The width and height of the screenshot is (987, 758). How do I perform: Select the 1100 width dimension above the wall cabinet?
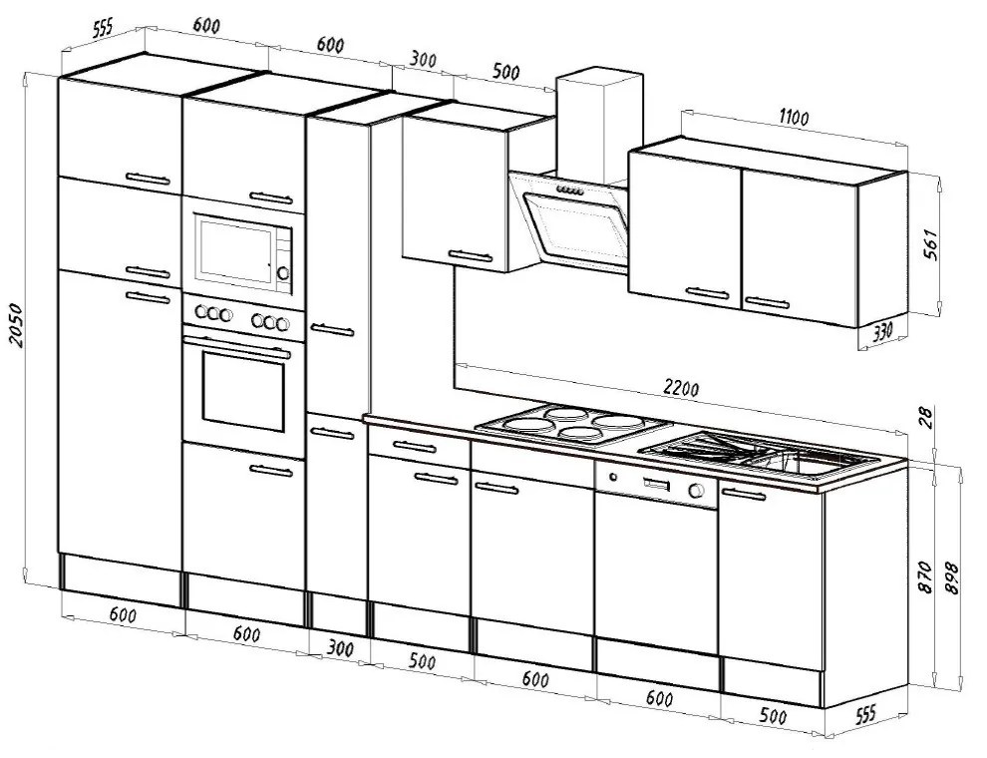(794, 118)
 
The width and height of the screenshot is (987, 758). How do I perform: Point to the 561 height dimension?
(930, 243)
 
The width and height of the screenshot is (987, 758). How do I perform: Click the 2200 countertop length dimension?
(681, 388)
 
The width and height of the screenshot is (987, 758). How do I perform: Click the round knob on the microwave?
(283, 271)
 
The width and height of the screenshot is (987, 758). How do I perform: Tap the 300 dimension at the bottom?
(340, 648)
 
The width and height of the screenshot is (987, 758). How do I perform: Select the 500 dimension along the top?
(506, 71)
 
